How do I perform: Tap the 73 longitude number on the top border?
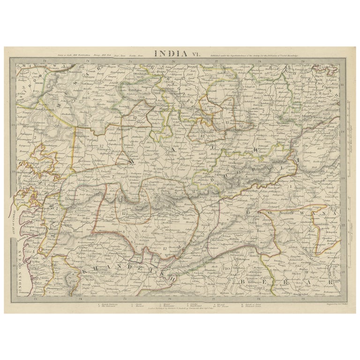pos(43,61)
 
